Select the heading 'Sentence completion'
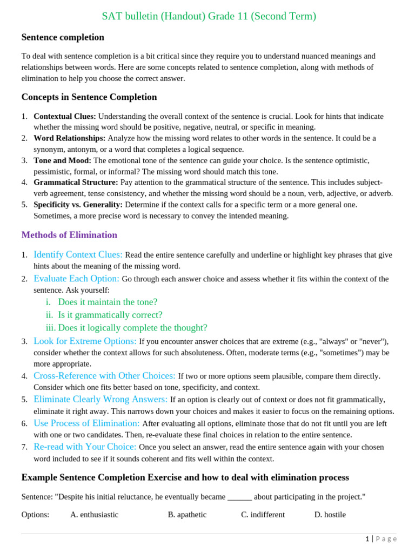pyautogui.click(x=63, y=37)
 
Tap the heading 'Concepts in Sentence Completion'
pyautogui.click(x=89, y=97)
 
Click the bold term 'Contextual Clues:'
pyautogui.click(x=65, y=116)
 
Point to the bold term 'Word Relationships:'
pyautogui.click(x=69, y=138)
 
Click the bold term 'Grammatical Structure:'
pyautogui.click(x=76, y=183)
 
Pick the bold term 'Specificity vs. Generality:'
pyautogui.click(x=78, y=205)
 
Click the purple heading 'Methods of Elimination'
pyautogui.click(x=69, y=235)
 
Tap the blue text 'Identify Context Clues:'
pyautogui.click(x=78, y=254)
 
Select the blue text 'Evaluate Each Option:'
pyautogui.click(x=76, y=279)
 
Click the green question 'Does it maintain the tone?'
pyautogui.click(x=108, y=302)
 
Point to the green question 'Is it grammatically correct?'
pyautogui.click(x=110, y=315)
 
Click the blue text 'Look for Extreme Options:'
pyautogui.click(x=85, y=341)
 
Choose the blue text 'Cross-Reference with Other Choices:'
pyautogui.click(x=104, y=376)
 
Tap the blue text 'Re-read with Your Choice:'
pyautogui.click(x=85, y=447)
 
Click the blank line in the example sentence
pyautogui.click(x=239, y=497)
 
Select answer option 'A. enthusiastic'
pyautogui.click(x=94, y=515)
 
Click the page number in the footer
pyautogui.click(x=367, y=539)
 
